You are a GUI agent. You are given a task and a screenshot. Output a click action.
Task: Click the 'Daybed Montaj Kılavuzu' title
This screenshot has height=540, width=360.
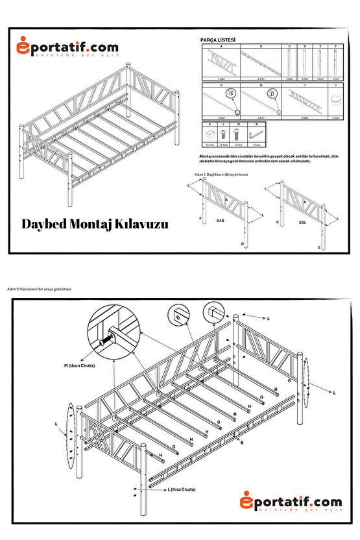pyautogui.click(x=95, y=224)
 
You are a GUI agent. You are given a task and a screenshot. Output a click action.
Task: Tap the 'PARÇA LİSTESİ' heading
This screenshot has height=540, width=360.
pyautogui.click(x=218, y=40)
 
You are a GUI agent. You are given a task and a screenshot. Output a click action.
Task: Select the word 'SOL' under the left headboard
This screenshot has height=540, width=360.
pyautogui.click(x=302, y=221)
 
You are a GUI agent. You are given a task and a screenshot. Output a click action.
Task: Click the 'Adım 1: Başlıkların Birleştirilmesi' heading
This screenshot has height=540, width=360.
pyautogui.click(x=221, y=175)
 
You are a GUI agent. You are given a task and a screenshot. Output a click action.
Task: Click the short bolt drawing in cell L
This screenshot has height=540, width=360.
pyautogui.click(x=224, y=134)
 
